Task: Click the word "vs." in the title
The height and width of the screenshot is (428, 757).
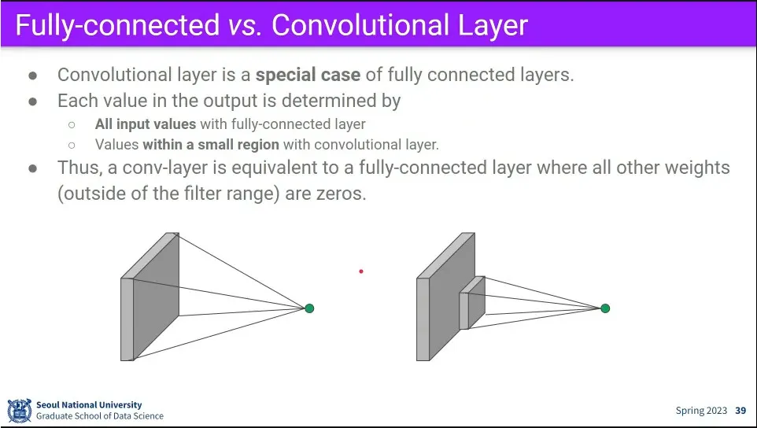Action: (244, 25)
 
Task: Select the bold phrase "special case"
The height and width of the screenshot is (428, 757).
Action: (308, 76)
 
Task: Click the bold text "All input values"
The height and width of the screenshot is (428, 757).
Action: (146, 124)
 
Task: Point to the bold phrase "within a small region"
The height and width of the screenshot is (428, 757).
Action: (211, 144)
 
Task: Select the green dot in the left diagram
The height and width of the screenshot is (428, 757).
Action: (309, 308)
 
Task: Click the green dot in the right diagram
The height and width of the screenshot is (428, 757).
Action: (605, 308)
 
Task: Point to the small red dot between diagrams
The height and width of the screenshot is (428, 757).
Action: (361, 271)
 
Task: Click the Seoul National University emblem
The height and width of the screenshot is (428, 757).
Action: (19, 410)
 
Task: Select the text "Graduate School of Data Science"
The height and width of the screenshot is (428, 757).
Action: (100, 416)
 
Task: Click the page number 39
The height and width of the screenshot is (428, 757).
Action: (740, 411)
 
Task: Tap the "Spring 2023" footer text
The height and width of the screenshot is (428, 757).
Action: (702, 411)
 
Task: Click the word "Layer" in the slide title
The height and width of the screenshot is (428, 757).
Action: (489, 25)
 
